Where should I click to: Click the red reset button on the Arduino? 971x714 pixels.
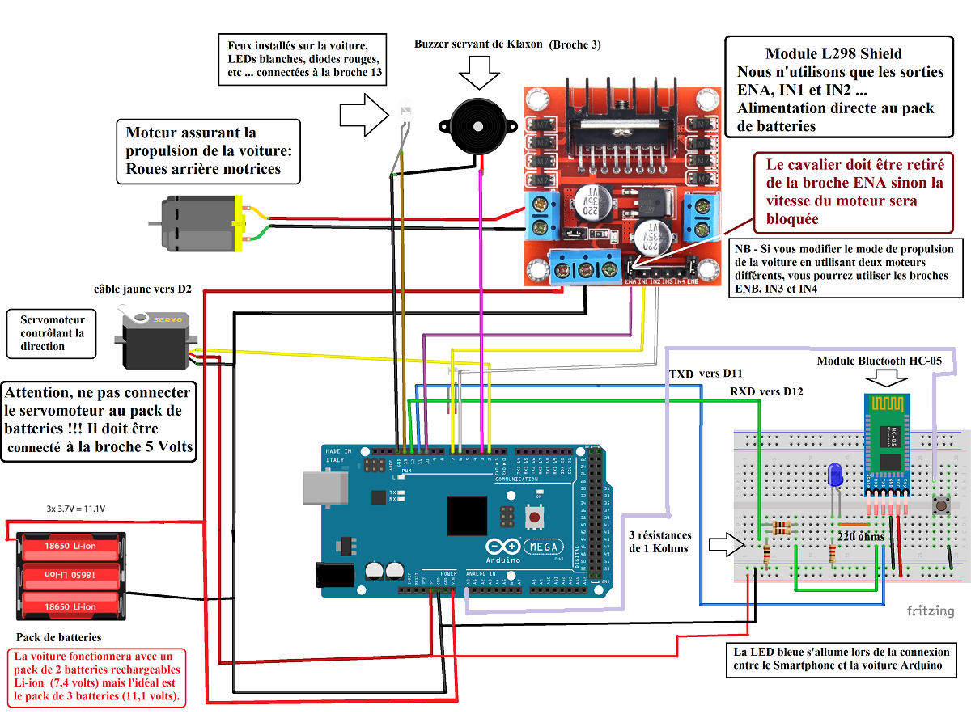click(534, 516)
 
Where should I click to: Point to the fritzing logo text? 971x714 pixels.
click(930, 611)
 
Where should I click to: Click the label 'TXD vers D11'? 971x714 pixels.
click(706, 373)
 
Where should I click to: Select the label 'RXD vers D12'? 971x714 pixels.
click(767, 391)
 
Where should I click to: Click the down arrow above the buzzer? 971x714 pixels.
click(481, 74)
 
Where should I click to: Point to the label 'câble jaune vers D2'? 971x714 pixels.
click(142, 288)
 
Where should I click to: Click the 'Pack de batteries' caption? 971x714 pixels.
click(59, 637)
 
